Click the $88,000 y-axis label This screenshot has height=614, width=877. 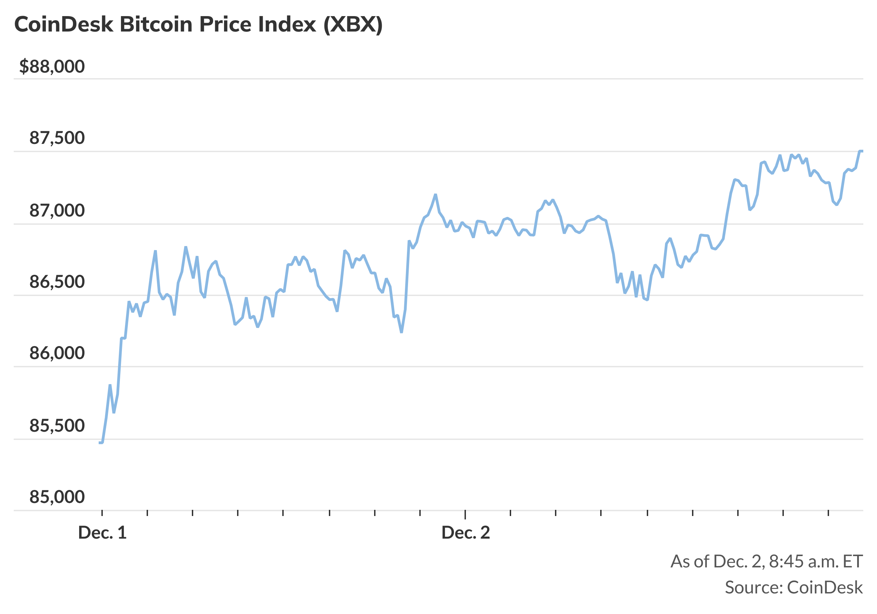click(52, 66)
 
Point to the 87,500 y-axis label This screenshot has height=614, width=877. click(57, 138)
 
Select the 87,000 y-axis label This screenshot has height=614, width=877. click(57, 210)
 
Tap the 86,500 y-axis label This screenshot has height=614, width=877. click(57, 282)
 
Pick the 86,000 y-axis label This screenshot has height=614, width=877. click(57, 353)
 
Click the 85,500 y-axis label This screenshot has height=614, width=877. click(57, 426)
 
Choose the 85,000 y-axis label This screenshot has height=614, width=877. click(57, 497)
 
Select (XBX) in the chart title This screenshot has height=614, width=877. click(353, 24)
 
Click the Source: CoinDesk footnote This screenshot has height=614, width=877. click(794, 588)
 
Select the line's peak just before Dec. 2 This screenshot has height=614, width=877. click(435, 195)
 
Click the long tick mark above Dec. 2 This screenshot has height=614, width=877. click(465, 514)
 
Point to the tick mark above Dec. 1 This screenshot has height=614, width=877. click(102, 513)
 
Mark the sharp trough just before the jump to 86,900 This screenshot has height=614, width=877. click(402, 332)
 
